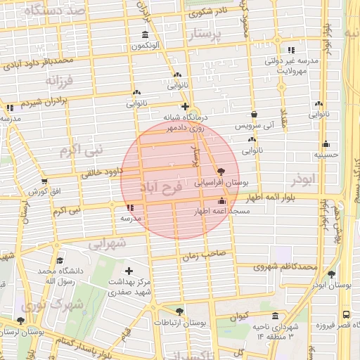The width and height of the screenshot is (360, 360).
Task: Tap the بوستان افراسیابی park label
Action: tap(216, 182)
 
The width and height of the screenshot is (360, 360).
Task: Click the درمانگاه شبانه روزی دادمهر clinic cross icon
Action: tap(184, 106)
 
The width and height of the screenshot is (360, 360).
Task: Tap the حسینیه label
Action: tap(326, 155)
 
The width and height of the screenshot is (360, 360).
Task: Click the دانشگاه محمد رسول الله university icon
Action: tap(59, 259)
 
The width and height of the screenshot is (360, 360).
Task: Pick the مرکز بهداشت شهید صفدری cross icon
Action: tap(128, 271)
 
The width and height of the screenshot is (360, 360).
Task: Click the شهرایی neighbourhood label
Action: tap(108, 242)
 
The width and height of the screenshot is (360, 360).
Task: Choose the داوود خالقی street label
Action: tap(103, 171)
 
